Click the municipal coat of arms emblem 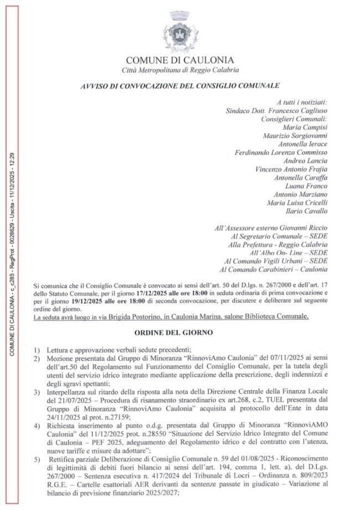(x=180, y=32)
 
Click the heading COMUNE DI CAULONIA (x=180, y=60)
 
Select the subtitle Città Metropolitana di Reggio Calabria (x=180, y=69)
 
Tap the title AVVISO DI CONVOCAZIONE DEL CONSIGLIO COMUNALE (x=179, y=86)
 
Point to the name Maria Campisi (x=308, y=127)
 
